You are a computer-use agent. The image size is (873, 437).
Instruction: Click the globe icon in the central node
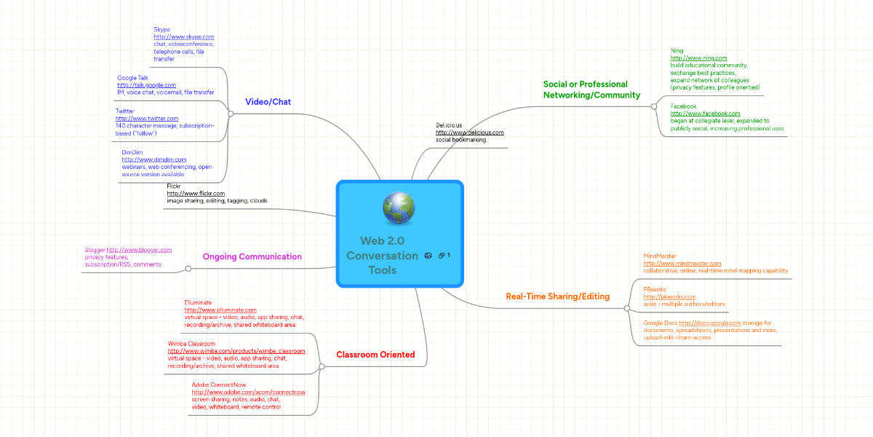click(398, 209)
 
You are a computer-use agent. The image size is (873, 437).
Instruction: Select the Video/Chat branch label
click(268, 102)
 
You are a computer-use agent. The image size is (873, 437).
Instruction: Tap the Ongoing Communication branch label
click(252, 256)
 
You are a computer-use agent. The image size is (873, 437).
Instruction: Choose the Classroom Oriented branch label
click(375, 355)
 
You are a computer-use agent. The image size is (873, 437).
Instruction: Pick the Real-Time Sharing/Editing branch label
click(558, 296)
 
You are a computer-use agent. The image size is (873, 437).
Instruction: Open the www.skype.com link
click(184, 36)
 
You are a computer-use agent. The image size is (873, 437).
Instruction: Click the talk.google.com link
click(146, 85)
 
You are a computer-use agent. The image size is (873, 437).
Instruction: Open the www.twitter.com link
click(147, 118)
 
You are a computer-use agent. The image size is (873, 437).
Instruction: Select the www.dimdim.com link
click(154, 159)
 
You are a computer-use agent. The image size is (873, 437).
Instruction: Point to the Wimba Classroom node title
click(191, 343)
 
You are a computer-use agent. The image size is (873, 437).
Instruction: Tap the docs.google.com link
click(710, 323)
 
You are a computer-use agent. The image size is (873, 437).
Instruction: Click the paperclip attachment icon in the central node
click(442, 256)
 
